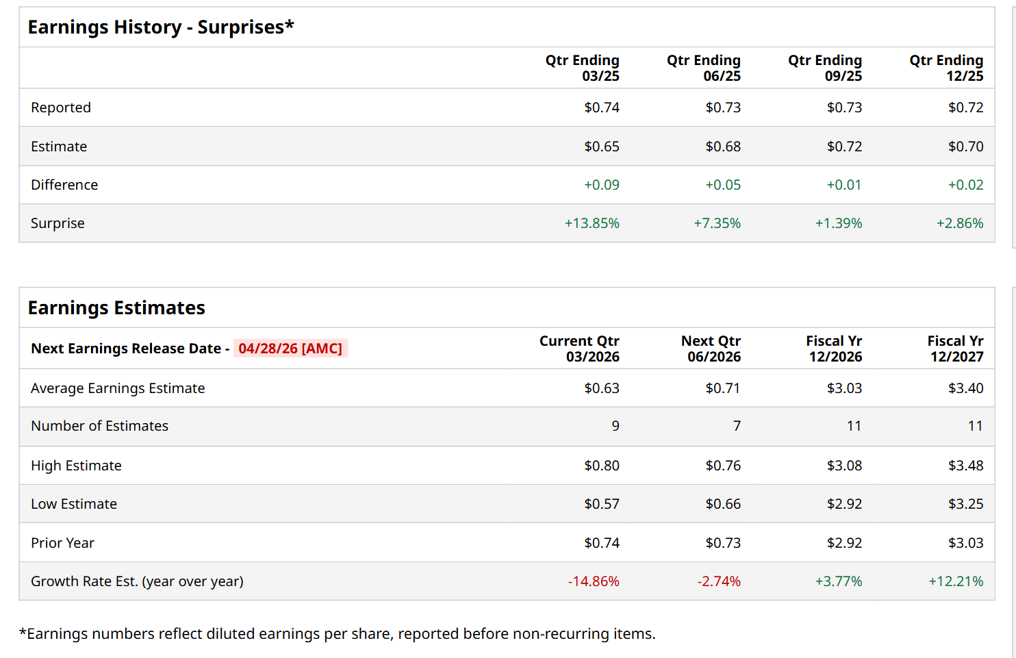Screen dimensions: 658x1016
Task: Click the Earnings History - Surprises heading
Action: coord(161,27)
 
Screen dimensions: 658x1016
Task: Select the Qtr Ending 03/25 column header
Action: coord(583,68)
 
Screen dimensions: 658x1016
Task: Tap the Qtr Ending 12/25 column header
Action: coord(946,68)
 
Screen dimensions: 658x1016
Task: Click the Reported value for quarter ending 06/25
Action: coord(723,107)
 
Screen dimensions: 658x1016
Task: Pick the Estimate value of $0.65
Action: coord(602,147)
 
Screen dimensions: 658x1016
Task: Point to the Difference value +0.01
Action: coord(844,185)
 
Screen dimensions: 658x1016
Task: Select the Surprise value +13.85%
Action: coord(592,223)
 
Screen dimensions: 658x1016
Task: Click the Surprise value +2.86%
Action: coord(960,223)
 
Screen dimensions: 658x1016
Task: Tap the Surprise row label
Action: coord(58,223)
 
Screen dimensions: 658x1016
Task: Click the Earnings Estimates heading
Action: coord(116,308)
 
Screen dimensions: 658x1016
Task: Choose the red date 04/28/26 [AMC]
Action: coord(290,349)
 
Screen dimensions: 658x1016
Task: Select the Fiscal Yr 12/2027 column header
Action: coord(955,349)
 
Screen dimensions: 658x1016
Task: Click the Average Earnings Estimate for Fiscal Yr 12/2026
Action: coord(844,388)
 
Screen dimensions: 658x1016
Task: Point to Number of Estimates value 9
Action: coord(615,426)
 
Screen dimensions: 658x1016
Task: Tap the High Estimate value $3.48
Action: coord(965,466)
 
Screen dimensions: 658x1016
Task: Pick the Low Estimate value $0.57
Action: coord(602,504)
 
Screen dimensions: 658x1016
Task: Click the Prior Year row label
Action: coord(62,543)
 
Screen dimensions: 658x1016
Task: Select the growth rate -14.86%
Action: coord(594,581)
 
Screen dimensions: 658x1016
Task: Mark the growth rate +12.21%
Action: coord(956,581)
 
